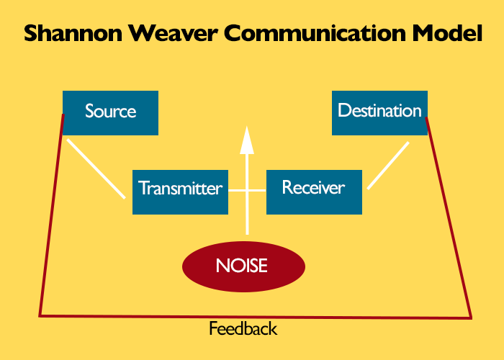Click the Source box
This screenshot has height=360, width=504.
tap(110, 113)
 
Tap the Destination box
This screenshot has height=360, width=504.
tap(379, 113)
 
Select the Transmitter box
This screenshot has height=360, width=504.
tap(180, 192)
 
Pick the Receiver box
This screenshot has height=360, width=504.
tap(314, 192)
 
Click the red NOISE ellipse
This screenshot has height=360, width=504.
tap(243, 266)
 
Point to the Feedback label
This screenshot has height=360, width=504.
tap(243, 328)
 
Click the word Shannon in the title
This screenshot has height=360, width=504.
tap(73, 33)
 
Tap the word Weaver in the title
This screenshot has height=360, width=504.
tap(174, 33)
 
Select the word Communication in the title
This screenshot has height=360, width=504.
tap(315, 33)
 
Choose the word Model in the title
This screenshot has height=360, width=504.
tap(447, 33)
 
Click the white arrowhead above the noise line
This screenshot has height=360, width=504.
tap(247, 140)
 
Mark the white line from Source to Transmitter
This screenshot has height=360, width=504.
tap(96, 168)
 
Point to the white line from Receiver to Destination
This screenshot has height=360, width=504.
tap(388, 166)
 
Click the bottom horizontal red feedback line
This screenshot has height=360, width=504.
tap(255, 317)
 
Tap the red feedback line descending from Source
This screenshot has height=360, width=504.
tap(51, 215)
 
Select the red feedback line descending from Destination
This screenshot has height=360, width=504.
tap(449, 218)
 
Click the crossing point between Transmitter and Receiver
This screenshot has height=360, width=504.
tap(247, 191)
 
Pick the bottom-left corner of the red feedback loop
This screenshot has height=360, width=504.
tap(40, 316)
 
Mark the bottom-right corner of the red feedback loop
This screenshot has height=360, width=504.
tap(471, 318)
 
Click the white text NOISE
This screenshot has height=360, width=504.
tap(242, 266)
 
